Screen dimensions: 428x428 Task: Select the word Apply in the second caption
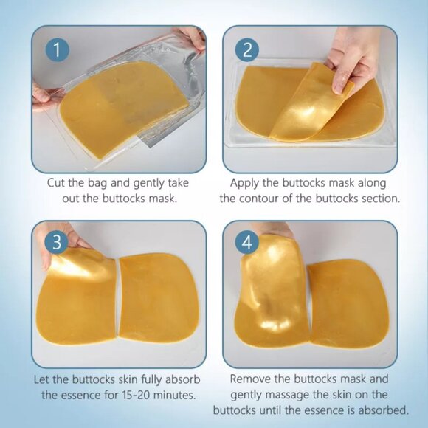tap(246, 182)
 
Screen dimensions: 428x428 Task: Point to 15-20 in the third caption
tap(137, 395)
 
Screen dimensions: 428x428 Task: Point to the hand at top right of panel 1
tap(190, 37)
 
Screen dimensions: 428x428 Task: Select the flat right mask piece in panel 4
tap(347, 303)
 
